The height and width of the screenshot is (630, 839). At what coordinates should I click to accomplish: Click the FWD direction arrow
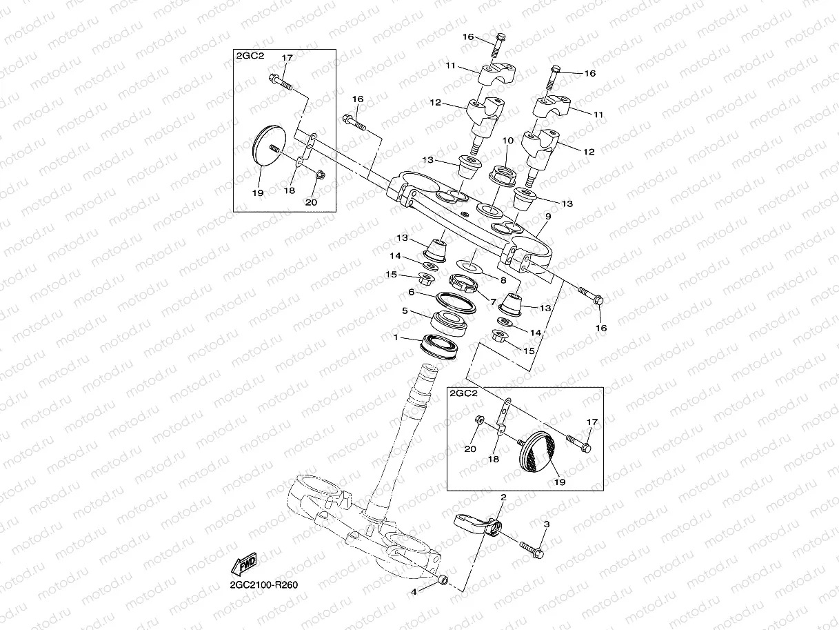(244, 564)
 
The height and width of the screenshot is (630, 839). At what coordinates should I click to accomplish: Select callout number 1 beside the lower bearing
(396, 338)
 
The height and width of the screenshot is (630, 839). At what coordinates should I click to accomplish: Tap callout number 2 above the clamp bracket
(503, 497)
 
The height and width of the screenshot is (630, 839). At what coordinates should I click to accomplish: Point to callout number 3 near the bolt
(547, 524)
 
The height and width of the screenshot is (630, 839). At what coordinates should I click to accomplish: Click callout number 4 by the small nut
(414, 591)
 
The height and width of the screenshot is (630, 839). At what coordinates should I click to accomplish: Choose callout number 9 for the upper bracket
(547, 217)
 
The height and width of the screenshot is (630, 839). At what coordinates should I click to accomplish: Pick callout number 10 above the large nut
(508, 141)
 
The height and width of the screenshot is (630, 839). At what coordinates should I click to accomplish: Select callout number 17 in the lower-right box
(592, 422)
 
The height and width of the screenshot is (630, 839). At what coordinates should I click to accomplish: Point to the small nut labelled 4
(443, 579)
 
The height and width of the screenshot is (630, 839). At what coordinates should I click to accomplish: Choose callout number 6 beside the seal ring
(412, 292)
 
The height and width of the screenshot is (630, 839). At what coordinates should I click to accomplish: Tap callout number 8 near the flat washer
(503, 280)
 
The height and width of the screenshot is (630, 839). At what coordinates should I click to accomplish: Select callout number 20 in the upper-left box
(310, 201)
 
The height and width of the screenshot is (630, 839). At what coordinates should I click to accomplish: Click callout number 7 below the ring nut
(492, 302)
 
